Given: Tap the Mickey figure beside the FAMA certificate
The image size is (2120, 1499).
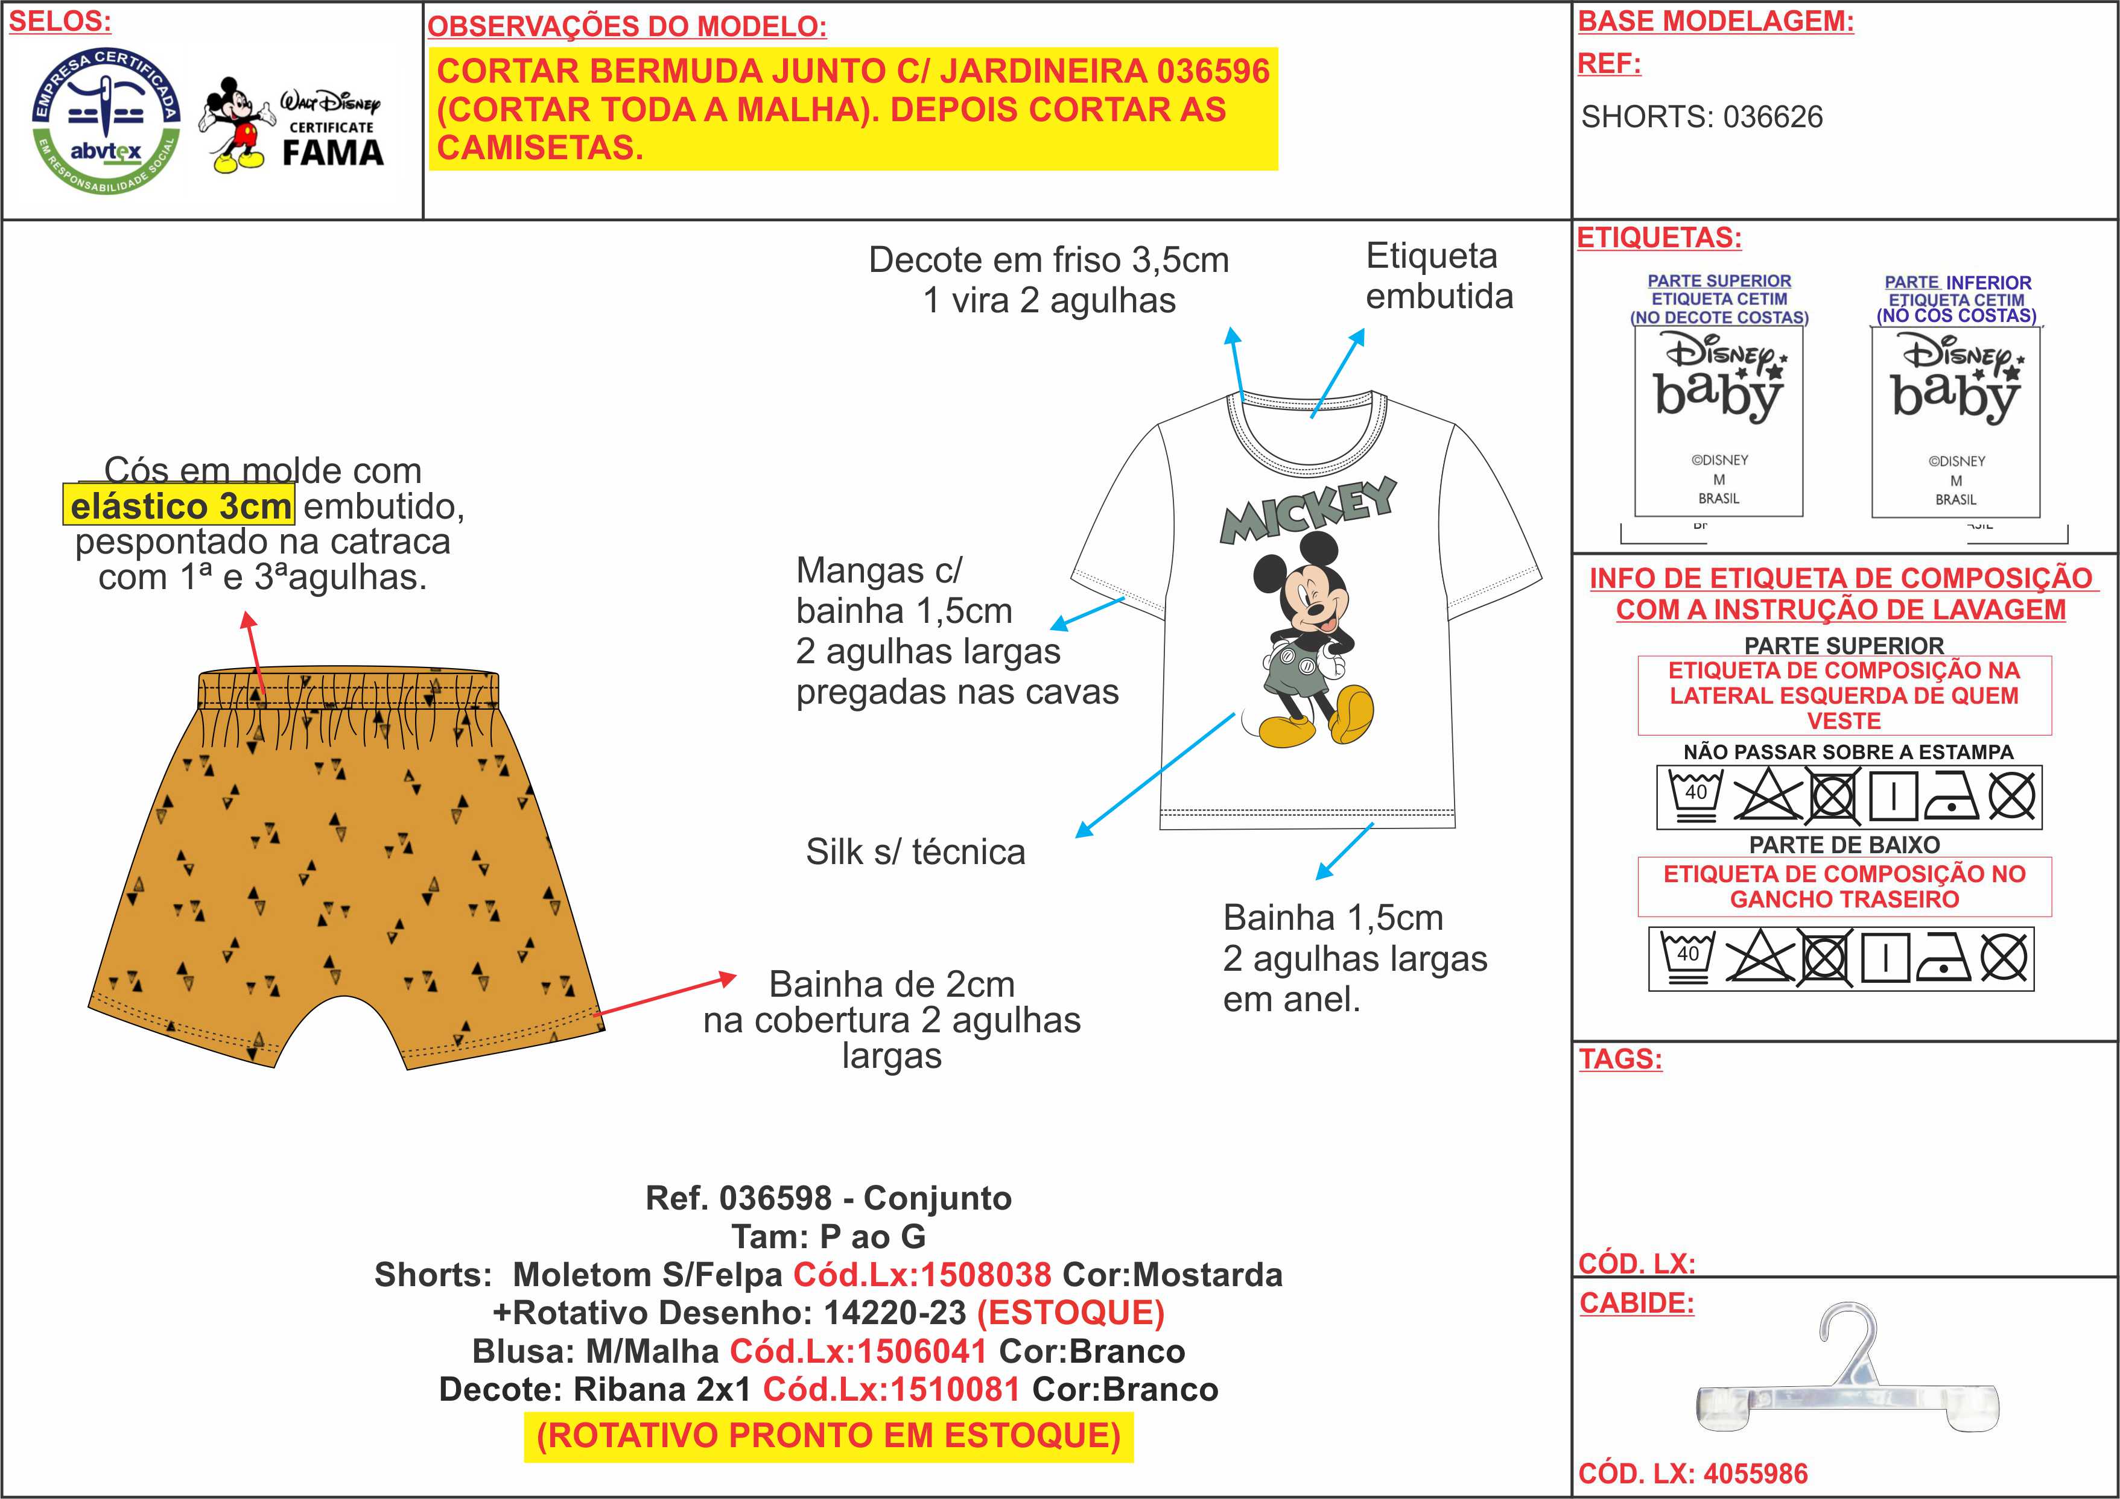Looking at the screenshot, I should coord(238,125).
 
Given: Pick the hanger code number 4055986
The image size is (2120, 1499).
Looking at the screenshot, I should coord(1754,1473).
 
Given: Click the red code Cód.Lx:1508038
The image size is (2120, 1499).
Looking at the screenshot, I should coord(921,1275).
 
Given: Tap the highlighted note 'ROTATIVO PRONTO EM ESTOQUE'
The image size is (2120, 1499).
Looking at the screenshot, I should coord(828,1436).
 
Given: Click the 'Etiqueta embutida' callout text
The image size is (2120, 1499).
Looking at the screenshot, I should coord(1438,276).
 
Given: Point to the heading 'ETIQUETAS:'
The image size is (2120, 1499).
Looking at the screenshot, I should coord(1658,238).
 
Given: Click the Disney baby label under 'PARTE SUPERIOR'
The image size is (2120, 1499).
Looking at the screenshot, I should coord(1718,421).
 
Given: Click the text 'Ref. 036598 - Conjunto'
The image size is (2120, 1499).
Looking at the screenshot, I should coord(828,1198).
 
